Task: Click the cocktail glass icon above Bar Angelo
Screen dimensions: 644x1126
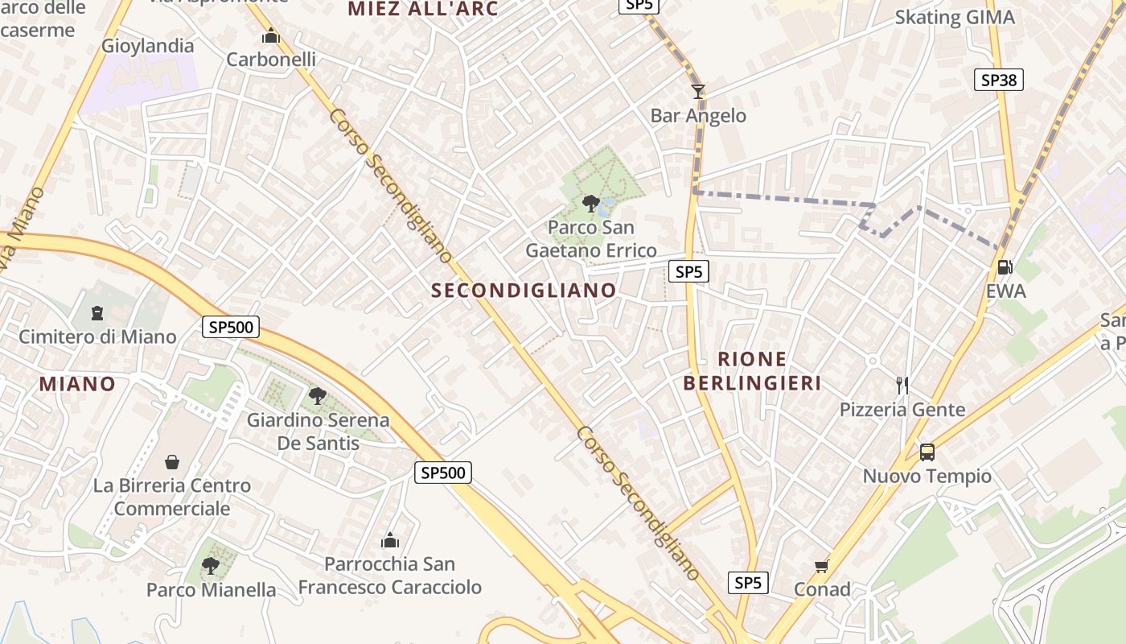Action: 698,92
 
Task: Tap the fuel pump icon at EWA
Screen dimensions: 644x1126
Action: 1005,266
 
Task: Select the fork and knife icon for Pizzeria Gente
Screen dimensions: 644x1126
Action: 902,386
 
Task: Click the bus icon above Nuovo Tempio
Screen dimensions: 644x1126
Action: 927,452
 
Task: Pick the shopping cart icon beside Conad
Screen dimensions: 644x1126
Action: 821,566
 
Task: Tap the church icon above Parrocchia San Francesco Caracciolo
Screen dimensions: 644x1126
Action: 390,539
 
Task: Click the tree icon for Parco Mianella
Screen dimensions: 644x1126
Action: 211,566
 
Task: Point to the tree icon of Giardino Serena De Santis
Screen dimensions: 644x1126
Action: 318,395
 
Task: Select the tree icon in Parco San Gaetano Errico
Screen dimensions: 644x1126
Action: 591,202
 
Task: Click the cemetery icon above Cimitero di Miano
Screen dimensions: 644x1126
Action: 97,312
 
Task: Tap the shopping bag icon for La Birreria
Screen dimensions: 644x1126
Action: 171,462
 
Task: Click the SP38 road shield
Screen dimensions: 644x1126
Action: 999,80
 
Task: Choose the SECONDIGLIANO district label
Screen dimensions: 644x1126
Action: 524,291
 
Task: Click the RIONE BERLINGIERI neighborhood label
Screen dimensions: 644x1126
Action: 753,371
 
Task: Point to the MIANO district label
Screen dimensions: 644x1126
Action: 77,384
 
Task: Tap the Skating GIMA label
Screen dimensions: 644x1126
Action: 955,17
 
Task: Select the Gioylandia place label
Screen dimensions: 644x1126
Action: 148,46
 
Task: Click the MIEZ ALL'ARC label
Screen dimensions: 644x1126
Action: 423,9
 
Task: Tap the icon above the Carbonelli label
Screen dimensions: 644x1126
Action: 271,36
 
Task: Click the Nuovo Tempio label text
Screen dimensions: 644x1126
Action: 927,476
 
